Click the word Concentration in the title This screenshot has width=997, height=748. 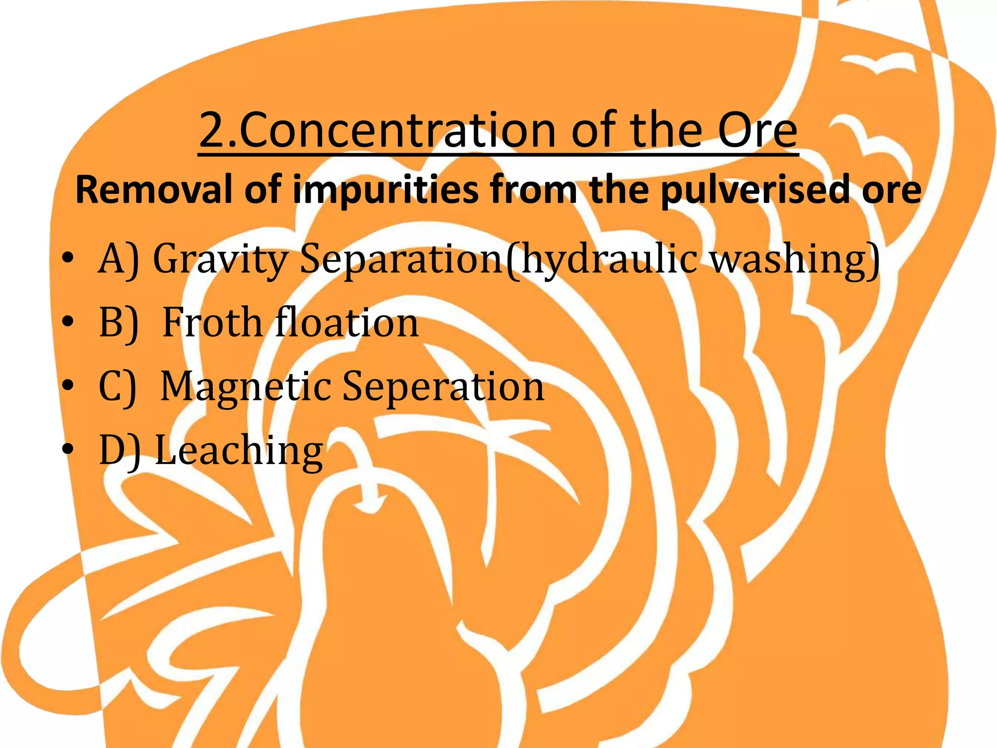click(397, 130)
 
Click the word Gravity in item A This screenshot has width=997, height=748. click(220, 260)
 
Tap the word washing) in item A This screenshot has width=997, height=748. click(794, 260)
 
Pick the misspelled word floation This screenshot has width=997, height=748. click(347, 322)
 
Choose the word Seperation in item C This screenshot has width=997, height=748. click(443, 388)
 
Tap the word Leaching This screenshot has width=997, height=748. click(239, 451)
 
